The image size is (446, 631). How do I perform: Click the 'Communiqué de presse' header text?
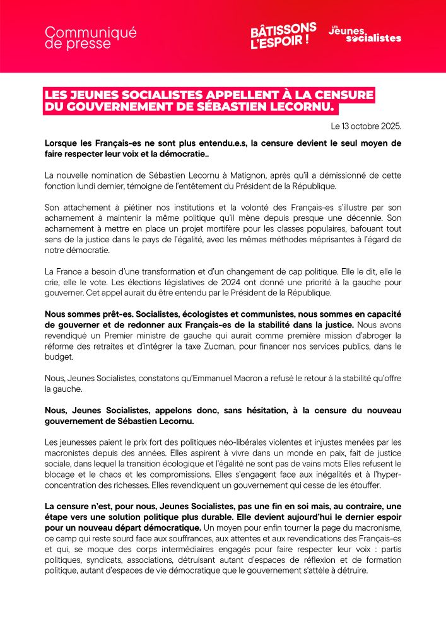pos(91,38)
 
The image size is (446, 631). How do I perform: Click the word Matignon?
pos(250,174)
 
